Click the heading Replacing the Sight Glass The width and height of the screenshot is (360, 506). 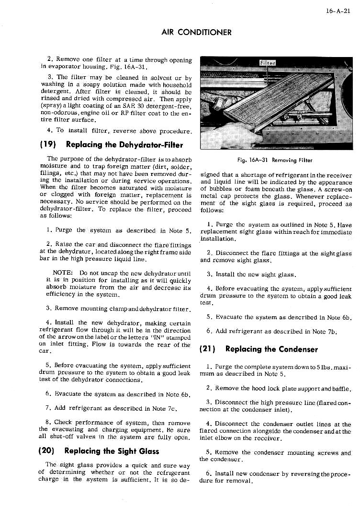pyautogui.click(x=112, y=451)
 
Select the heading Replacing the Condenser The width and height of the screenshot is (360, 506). pyautogui.click(x=271, y=348)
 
